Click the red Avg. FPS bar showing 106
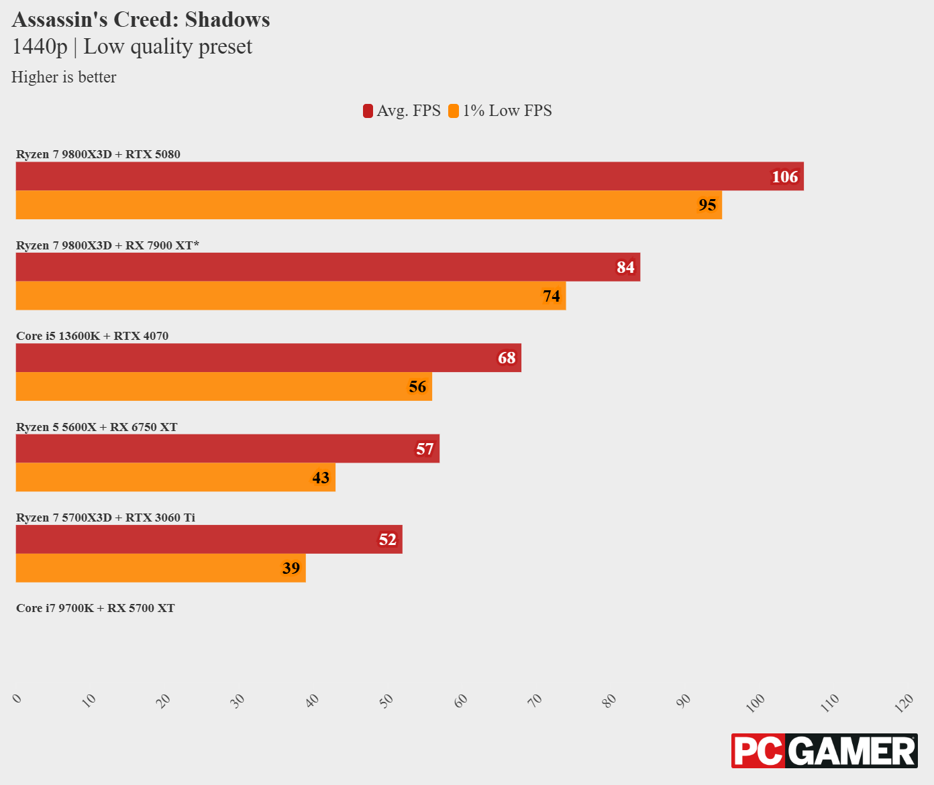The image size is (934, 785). tap(409, 176)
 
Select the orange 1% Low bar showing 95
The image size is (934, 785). tap(369, 205)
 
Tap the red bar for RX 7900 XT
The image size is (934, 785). tap(327, 267)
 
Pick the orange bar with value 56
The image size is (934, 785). tap(223, 387)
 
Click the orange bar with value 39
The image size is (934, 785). tap(160, 568)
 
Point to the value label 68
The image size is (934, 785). tap(507, 358)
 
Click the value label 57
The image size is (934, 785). tap(425, 449)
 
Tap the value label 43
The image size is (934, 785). tap(321, 477)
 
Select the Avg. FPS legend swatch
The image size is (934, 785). tap(368, 111)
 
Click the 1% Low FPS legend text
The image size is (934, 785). tap(507, 111)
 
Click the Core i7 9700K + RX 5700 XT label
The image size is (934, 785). tap(95, 608)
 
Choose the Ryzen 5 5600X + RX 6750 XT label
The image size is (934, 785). tap(97, 427)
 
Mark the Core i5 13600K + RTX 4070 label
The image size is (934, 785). tap(92, 336)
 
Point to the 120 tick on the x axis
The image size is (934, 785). tap(904, 701)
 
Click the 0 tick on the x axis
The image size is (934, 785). tap(17, 699)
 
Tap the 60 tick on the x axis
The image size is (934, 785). tap(461, 701)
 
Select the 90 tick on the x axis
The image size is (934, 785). tap(684, 701)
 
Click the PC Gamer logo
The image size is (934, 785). tap(824, 751)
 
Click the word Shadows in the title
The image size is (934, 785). tap(227, 19)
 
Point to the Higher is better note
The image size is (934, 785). tap(64, 77)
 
